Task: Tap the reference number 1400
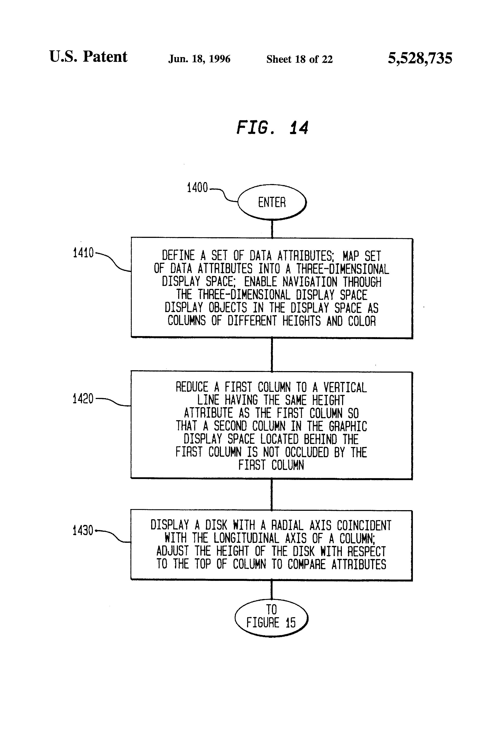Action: (197, 187)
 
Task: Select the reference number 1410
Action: (83, 253)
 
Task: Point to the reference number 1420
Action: (83, 399)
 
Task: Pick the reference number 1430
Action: (83, 530)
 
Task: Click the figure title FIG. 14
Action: (272, 128)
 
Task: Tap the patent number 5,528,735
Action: (420, 58)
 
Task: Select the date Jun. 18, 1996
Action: (199, 59)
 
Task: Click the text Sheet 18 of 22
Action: (299, 59)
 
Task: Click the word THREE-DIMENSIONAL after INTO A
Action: (342, 269)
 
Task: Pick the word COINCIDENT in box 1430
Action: (364, 526)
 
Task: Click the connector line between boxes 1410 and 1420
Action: (272, 354)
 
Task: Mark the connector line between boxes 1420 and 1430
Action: (271, 494)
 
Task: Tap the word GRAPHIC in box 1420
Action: (348, 426)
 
